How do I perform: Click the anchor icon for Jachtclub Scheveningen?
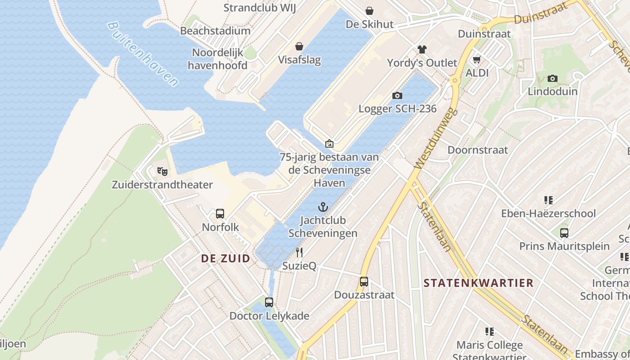[323, 207]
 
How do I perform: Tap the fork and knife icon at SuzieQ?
[299, 252]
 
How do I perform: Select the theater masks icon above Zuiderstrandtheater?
[162, 171]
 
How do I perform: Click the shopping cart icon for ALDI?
[477, 59]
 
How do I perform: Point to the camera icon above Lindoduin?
[553, 78]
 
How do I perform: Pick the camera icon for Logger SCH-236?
[397, 95]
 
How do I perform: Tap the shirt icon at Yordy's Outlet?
[422, 49]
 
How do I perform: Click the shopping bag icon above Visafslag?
[299, 46]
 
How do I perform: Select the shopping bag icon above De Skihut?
[369, 10]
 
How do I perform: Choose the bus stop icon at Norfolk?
[220, 214]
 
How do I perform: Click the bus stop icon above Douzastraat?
[364, 282]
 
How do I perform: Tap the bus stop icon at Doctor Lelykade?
[269, 302]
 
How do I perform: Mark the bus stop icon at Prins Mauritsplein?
[564, 233]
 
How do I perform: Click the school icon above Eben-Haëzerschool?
[548, 200]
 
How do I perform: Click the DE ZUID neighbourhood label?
[225, 258]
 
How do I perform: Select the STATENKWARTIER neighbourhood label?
[478, 283]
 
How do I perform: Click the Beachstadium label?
[215, 31]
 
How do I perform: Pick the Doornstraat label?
[477, 150]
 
